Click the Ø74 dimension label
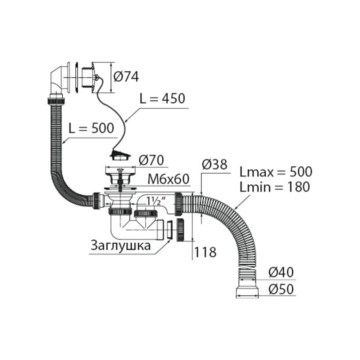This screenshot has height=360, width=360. tap(126, 77)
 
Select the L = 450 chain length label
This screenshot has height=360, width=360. tap(162, 98)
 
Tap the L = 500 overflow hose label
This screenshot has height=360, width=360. tap(91, 128)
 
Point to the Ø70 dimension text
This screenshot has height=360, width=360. tap(151, 160)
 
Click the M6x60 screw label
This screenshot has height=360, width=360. tap(168, 179)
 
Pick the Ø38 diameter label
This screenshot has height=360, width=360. tap(215, 165)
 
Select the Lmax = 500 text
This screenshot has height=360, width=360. tap(276, 172)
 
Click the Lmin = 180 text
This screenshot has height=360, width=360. tap(275, 187)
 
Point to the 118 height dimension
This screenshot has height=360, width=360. tap(205, 252)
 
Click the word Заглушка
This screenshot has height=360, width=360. tap(121, 246)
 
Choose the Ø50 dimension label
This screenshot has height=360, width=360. tap(281, 289)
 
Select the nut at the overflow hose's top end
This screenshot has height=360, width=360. tap(56, 101)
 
